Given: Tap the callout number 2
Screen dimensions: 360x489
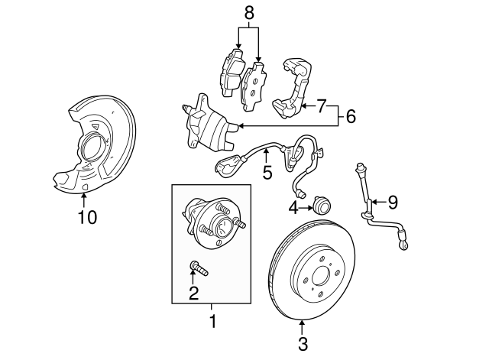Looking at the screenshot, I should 193,292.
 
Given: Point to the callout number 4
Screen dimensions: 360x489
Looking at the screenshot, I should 293,206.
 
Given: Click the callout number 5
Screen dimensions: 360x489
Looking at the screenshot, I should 267,174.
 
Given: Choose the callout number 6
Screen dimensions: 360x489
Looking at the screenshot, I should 350,116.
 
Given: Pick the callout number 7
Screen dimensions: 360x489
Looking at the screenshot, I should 321,104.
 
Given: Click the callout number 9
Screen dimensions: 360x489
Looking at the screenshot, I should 393,202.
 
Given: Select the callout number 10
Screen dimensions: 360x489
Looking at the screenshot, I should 88,217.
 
